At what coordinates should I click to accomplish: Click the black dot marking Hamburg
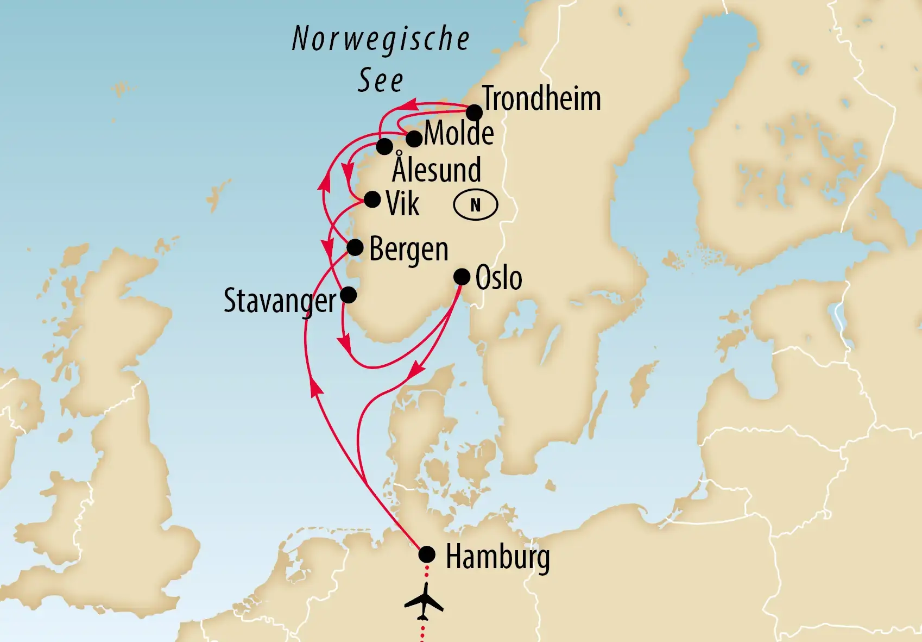click(x=427, y=554)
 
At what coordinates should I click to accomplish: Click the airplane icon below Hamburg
click(x=424, y=601)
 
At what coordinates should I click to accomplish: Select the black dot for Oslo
click(x=462, y=277)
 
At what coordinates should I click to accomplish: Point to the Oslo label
click(x=498, y=278)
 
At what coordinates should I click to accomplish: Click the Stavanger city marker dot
click(x=348, y=295)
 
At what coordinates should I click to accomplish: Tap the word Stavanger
click(x=280, y=301)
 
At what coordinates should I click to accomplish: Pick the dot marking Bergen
click(x=355, y=248)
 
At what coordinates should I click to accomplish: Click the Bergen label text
click(x=409, y=250)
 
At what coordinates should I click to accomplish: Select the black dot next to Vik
click(x=372, y=200)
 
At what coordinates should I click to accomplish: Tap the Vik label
click(x=402, y=204)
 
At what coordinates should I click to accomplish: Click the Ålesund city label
click(x=437, y=169)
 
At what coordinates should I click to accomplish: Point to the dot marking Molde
click(x=414, y=139)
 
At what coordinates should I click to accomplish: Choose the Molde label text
click(x=459, y=133)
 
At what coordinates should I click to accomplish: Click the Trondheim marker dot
click(x=474, y=113)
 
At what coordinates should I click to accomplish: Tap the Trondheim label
click(x=541, y=99)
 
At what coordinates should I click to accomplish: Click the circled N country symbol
click(x=475, y=205)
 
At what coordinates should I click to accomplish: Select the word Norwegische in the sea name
click(x=381, y=39)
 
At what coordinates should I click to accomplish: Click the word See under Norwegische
click(x=380, y=82)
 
